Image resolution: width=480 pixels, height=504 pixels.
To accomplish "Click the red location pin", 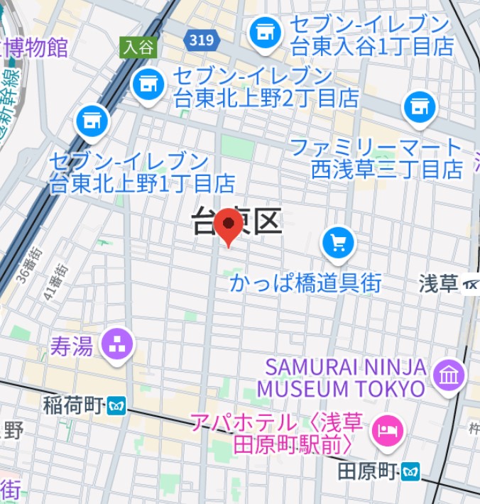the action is tap(228, 226).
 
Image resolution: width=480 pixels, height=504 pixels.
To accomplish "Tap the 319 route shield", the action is tap(202, 40).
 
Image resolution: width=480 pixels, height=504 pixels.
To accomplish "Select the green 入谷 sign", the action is tap(138, 48).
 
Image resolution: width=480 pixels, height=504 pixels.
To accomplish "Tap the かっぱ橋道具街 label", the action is tap(305, 283).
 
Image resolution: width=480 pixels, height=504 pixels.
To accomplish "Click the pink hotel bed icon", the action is tap(388, 431).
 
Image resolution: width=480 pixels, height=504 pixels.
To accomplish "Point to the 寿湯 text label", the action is tap(71, 346).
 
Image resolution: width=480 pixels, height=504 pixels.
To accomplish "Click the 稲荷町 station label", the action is tap(74, 407).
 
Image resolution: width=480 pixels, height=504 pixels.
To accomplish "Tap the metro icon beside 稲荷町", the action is tap(116, 407).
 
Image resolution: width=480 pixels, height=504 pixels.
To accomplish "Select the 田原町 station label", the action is tap(366, 471).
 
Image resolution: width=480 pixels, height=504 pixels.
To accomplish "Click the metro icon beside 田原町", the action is tap(410, 471).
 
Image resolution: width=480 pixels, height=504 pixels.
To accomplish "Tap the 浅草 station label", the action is tap(439, 284).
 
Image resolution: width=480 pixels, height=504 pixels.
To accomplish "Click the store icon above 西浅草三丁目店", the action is tap(420, 107).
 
